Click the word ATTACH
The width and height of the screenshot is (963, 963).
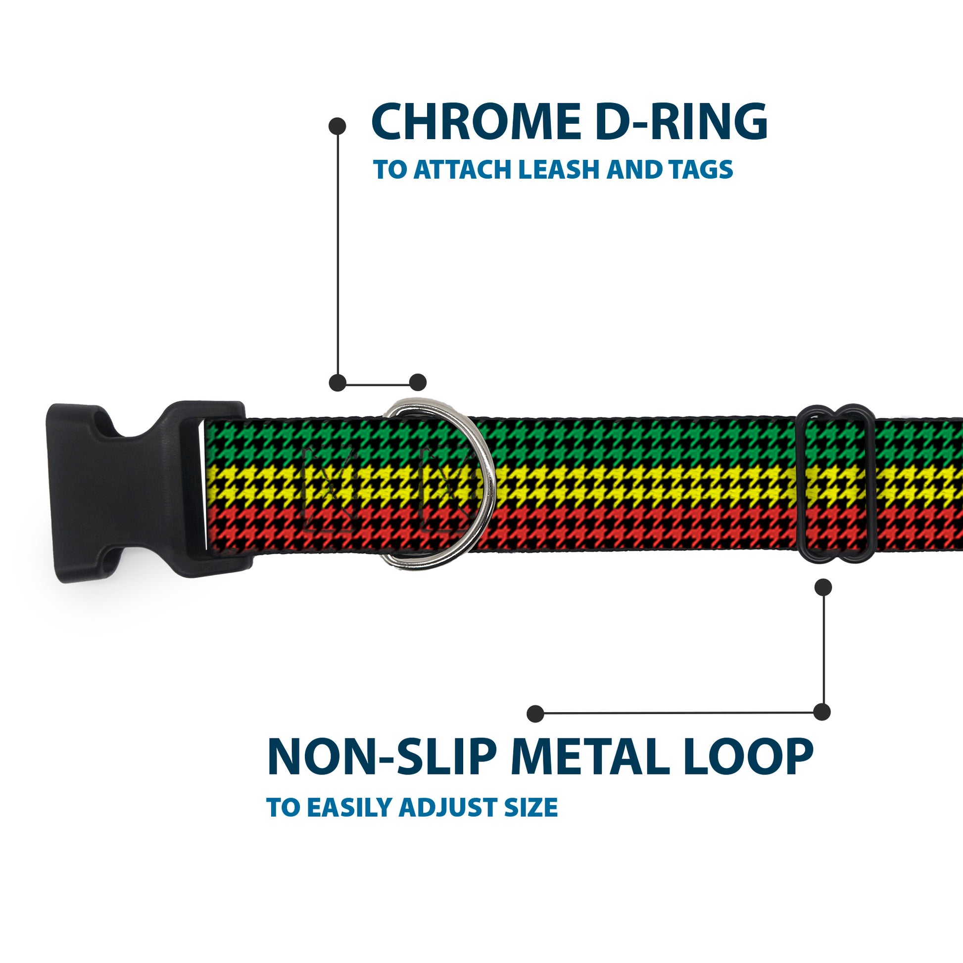[463, 170]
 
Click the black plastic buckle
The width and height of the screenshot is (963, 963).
[144, 491]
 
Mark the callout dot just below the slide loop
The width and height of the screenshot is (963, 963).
[823, 587]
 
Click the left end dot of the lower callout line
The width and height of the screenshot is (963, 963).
[535, 714]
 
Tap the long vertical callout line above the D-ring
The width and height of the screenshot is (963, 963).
[338, 254]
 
